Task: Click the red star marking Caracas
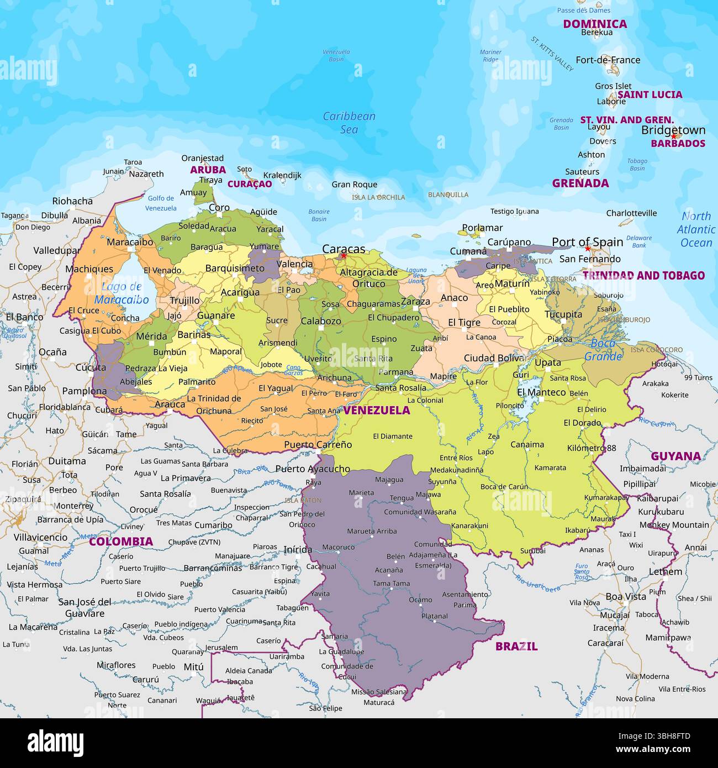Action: [344, 256]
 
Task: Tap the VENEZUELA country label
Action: [377, 410]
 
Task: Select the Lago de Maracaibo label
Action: [122, 293]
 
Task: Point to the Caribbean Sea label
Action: [349, 123]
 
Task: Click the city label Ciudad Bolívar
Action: [495, 358]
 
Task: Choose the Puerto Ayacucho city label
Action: [313, 469]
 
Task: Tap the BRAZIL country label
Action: [516, 646]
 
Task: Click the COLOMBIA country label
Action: [121, 541]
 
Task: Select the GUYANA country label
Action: [675, 456]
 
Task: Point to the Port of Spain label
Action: [588, 242]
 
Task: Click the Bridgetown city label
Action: [673, 130]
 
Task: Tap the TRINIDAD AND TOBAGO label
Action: [643, 275]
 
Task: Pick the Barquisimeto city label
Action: [235, 269]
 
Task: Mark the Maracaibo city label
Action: [130, 242]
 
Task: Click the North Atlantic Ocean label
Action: [696, 229]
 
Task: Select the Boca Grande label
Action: [603, 350]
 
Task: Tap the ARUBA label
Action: [208, 170]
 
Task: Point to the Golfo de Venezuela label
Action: [161, 203]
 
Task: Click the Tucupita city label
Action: [563, 314]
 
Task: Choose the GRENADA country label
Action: [580, 183]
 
